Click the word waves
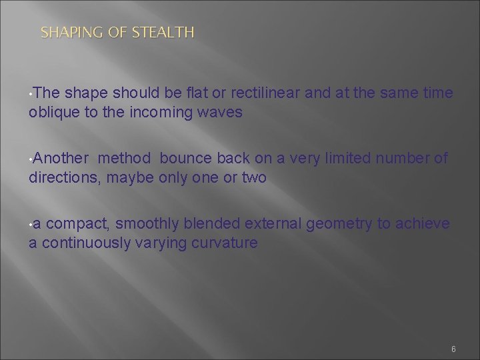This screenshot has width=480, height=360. (221, 113)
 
